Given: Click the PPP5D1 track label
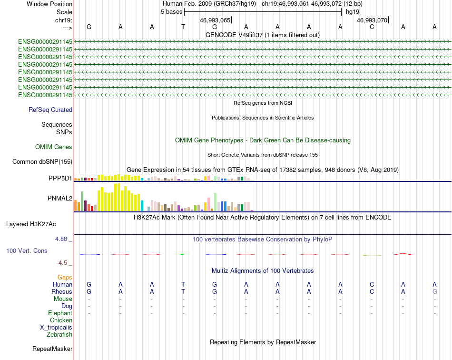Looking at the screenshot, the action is click(60, 178).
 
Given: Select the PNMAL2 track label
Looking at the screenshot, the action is click(60, 198).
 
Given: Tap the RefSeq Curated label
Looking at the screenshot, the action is click(50, 110).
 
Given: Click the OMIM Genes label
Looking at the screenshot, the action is click(54, 147).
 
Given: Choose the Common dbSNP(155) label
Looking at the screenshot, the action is click(42, 161).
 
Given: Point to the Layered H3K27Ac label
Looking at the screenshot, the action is click(31, 224).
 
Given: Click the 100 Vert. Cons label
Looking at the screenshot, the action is click(27, 250).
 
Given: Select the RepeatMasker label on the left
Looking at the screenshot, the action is click(52, 349).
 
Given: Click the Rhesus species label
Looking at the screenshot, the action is click(62, 291).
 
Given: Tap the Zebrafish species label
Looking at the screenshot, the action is click(59, 335).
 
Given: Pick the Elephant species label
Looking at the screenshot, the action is click(60, 313).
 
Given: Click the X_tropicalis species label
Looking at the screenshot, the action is click(56, 328).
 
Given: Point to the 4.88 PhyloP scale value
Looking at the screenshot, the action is click(61, 239).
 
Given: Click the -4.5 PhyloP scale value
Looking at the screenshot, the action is click(62, 262).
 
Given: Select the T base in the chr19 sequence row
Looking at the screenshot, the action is click(183, 27).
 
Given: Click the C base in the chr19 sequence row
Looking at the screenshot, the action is click(372, 27).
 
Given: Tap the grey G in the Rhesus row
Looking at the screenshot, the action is click(435, 291).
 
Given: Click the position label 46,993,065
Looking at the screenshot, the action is click(215, 20).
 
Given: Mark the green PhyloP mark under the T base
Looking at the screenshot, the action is click(182, 254).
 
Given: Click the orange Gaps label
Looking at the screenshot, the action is click(65, 277).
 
